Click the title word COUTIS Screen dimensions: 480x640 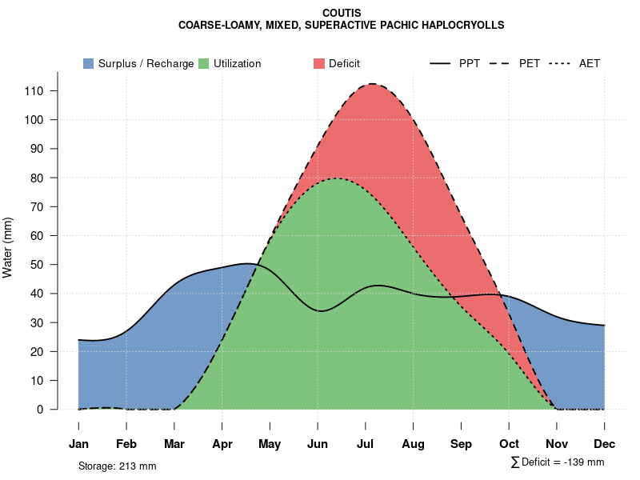point(342,14)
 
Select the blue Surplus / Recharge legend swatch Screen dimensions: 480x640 point(89,63)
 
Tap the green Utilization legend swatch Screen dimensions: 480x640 point(204,63)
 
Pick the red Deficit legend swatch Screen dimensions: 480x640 point(319,63)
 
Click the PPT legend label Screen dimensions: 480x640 point(470,63)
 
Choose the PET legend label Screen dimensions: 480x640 point(530,63)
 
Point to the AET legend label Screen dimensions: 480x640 point(590,63)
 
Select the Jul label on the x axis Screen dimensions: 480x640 point(366,444)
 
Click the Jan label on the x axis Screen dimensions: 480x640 point(78,444)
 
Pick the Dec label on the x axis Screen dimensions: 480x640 point(605,444)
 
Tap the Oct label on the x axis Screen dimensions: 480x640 point(509,444)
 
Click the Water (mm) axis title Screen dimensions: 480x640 point(8,248)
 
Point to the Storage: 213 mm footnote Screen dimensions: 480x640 point(117,466)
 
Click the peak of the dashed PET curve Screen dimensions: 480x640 point(372,84)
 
